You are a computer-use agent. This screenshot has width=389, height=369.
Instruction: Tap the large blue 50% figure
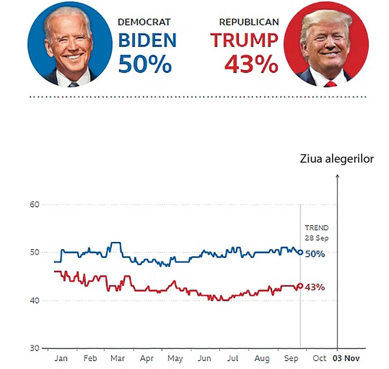pos(145,64)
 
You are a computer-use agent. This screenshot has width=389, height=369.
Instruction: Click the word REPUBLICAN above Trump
pos(249,22)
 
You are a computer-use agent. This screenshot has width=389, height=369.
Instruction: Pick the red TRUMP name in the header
pos(244,41)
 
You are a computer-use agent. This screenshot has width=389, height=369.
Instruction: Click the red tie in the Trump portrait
pos(331,84)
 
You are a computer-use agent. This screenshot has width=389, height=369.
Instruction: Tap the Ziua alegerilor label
pos(337,159)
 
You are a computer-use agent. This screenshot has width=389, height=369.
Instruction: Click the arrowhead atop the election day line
pos(337,176)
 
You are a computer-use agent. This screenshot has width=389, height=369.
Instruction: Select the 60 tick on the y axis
pos(34,204)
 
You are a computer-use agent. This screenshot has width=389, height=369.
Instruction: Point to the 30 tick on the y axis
pos(34,348)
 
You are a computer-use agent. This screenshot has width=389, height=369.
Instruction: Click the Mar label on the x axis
pos(117,359)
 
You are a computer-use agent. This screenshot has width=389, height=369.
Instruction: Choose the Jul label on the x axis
pos(233,359)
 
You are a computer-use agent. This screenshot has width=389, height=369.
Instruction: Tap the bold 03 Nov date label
pos(345,359)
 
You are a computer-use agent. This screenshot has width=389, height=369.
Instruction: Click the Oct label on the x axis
pos(319,359)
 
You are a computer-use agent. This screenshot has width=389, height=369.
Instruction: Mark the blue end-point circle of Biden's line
pos(300,252)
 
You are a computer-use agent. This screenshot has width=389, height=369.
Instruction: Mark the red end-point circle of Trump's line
pos(300,286)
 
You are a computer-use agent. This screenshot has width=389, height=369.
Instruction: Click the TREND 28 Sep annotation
pos(317,232)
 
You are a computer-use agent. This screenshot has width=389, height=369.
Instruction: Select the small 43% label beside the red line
pos(315,287)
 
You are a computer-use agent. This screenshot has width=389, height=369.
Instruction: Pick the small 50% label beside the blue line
pos(315,254)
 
